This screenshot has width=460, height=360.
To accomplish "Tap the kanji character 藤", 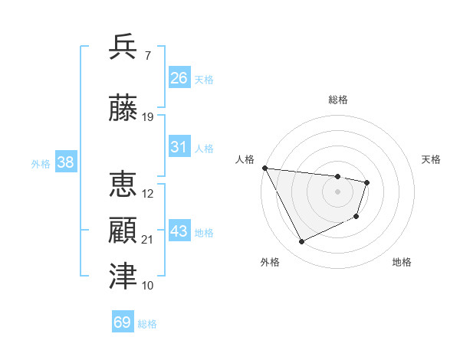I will [x=123, y=109].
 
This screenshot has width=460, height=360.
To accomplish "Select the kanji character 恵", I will [x=123, y=185].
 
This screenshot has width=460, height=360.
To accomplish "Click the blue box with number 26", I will [x=179, y=78].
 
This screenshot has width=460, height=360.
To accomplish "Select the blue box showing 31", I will [x=179, y=148].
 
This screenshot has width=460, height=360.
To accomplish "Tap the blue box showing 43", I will [x=179, y=231].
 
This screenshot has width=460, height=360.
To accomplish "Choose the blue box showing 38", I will [x=64, y=162].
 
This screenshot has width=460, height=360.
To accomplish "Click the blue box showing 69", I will [x=123, y=322].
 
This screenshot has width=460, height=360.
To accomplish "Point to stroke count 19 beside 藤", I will [x=148, y=117].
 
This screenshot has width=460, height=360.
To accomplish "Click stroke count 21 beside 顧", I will [x=148, y=240].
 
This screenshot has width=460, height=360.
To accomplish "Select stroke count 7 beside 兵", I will [x=147, y=55].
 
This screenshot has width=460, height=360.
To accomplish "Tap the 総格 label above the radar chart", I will [x=337, y=100].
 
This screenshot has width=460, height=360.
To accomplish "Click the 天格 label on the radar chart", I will [x=431, y=159].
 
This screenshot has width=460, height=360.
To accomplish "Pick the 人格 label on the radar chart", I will [x=245, y=159].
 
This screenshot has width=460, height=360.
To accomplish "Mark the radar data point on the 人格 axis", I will [x=264, y=168].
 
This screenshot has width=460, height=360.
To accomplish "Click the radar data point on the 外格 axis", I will [x=301, y=242].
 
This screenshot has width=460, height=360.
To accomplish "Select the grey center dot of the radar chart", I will [x=337, y=191].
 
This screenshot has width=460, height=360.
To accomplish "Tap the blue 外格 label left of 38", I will [x=40, y=163].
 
